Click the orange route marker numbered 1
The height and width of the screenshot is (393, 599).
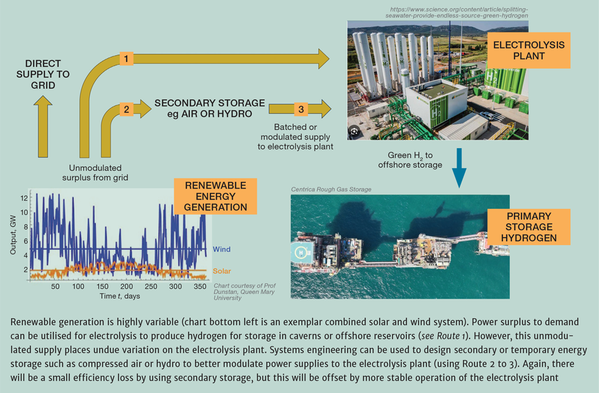126,59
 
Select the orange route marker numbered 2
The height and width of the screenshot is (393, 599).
126,110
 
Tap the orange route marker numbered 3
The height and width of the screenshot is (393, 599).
300,110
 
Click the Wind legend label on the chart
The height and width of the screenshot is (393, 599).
221,250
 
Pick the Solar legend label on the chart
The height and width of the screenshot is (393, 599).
221,271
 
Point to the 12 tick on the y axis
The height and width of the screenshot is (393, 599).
24,198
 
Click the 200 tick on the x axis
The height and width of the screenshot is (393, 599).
127,286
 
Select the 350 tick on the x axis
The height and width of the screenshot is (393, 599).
199,286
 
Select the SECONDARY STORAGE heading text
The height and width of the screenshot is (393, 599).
210,103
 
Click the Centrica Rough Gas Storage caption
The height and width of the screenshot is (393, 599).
331,189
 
